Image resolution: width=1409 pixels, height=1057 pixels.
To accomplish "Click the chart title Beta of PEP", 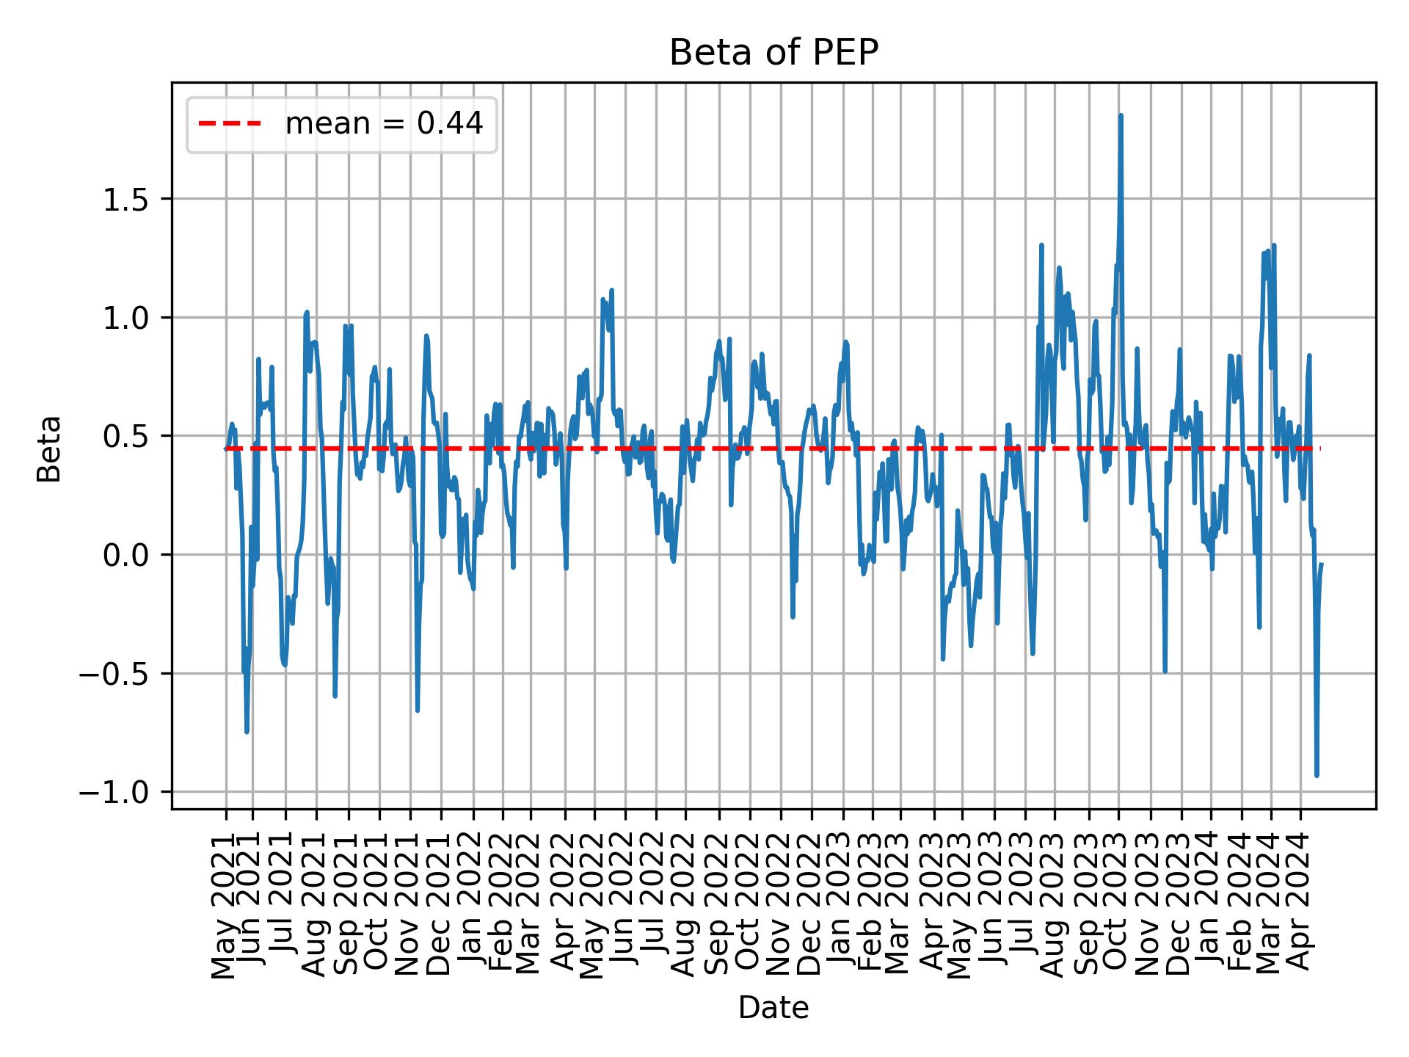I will tap(773, 53).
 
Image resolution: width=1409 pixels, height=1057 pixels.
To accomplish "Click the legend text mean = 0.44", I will tap(384, 124).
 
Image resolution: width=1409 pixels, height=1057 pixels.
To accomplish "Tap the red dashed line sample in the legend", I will tap(230, 124).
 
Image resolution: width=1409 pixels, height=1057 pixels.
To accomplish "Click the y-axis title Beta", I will tap(49, 448).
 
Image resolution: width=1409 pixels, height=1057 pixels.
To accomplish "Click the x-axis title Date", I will tap(773, 1009).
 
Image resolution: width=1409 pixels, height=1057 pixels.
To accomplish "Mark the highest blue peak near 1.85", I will tap(1121, 116).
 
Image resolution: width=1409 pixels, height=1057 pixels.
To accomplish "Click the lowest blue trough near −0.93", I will tap(1317, 775).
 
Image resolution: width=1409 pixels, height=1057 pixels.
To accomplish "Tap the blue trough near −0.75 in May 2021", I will tap(247, 732).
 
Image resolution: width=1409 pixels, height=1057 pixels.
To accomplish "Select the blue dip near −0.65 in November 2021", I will tap(417, 710).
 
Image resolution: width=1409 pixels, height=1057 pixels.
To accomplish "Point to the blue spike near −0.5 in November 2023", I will tap(1165, 671).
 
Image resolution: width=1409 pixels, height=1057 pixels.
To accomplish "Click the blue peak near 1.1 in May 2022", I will tap(611, 291).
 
